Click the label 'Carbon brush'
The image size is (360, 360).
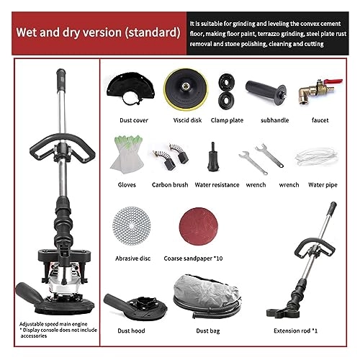tap(171, 185)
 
